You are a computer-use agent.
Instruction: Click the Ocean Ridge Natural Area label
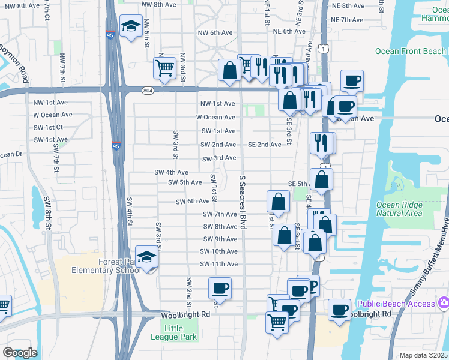[x=399, y=209]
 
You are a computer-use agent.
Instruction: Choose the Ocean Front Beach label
[x=411, y=52]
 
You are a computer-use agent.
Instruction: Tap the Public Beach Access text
[x=396, y=304]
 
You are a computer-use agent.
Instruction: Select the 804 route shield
[x=148, y=91]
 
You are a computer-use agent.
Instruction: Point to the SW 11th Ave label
[x=218, y=264]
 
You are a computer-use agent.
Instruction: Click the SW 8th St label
[x=47, y=208]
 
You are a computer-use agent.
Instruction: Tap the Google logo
[x=20, y=353]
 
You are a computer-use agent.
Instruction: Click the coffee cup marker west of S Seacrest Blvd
[x=220, y=289]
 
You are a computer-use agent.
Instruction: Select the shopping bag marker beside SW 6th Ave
[x=278, y=201]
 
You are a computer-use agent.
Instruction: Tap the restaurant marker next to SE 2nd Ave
[x=322, y=143]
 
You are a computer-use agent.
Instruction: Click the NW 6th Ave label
[x=214, y=32]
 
